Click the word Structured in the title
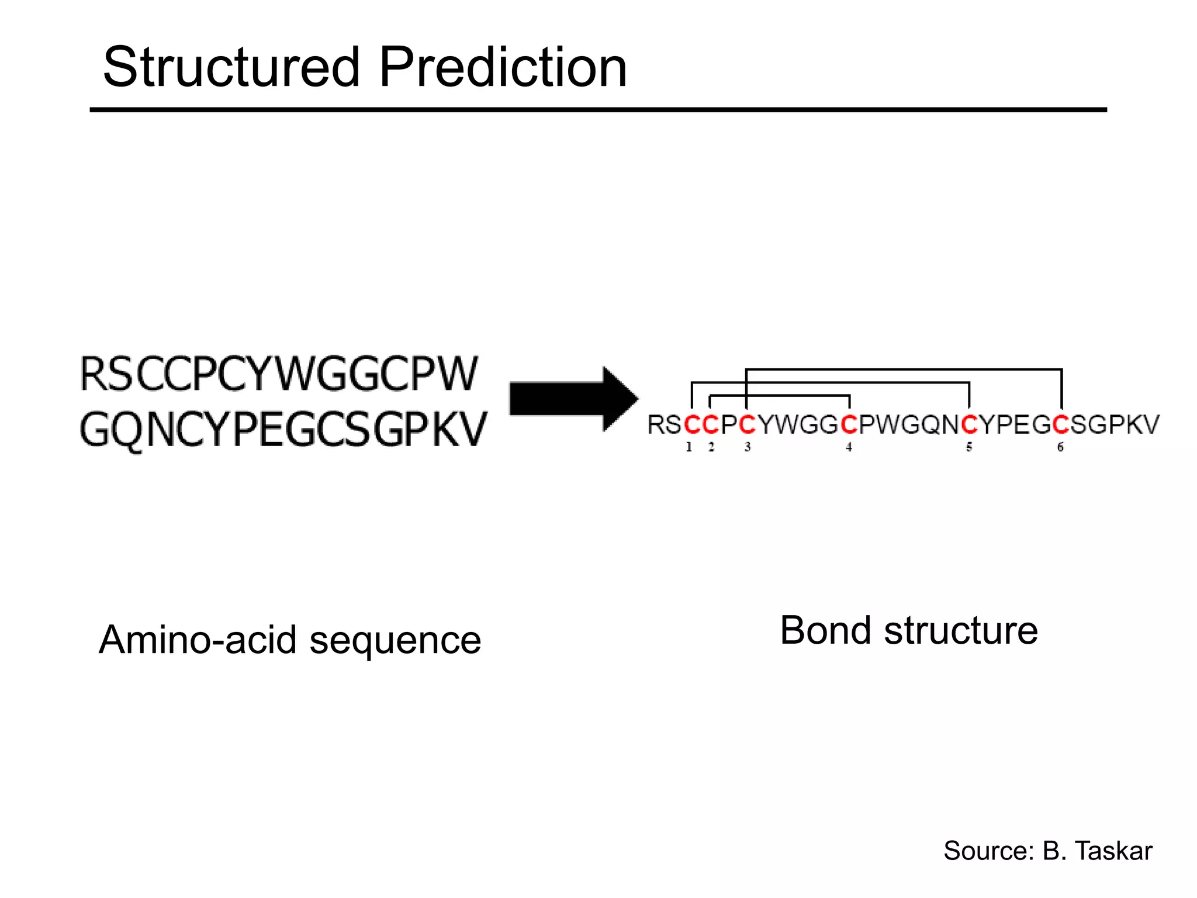click(231, 68)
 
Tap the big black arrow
click(573, 399)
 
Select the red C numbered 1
click(692, 425)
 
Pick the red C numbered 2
click(710, 425)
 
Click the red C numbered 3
click(747, 425)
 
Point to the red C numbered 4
click(849, 425)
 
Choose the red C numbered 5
click(969, 425)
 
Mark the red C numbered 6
click(1061, 425)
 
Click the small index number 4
click(849, 447)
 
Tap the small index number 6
click(1060, 447)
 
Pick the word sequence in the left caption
click(395, 641)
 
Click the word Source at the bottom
click(988, 851)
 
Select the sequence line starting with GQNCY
click(283, 430)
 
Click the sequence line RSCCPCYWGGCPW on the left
click(279, 374)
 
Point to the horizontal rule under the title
click(598, 110)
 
